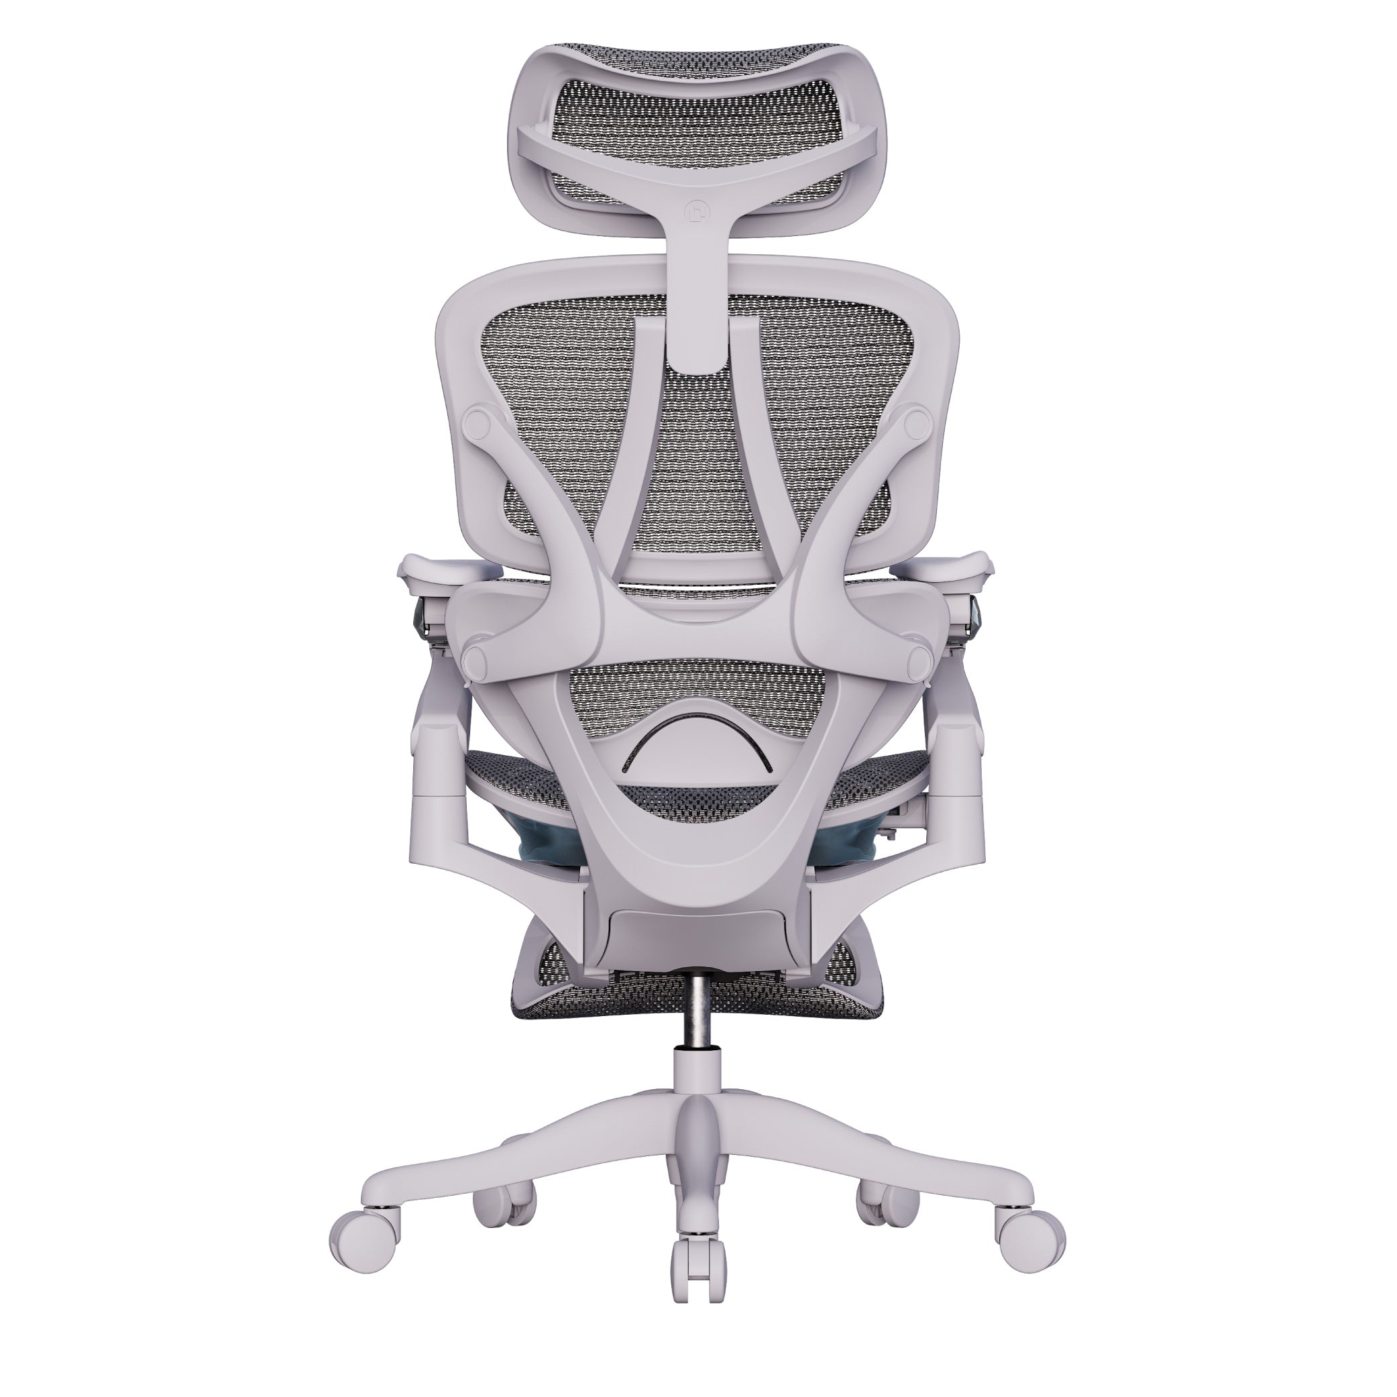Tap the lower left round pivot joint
[476, 659]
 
